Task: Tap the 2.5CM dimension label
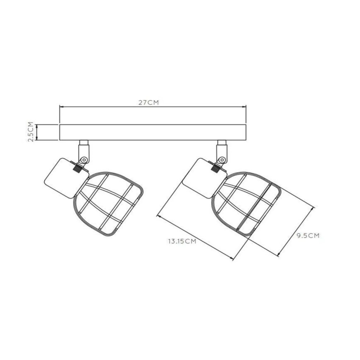tap(30, 132)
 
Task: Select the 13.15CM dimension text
tap(182, 241)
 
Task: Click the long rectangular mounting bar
tap(153, 132)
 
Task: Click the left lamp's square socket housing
tap(61, 177)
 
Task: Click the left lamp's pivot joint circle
tap(83, 159)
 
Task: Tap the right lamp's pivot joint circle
tap(221, 159)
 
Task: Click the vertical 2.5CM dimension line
tap(37, 132)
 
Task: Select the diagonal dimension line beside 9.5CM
tap(297, 230)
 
